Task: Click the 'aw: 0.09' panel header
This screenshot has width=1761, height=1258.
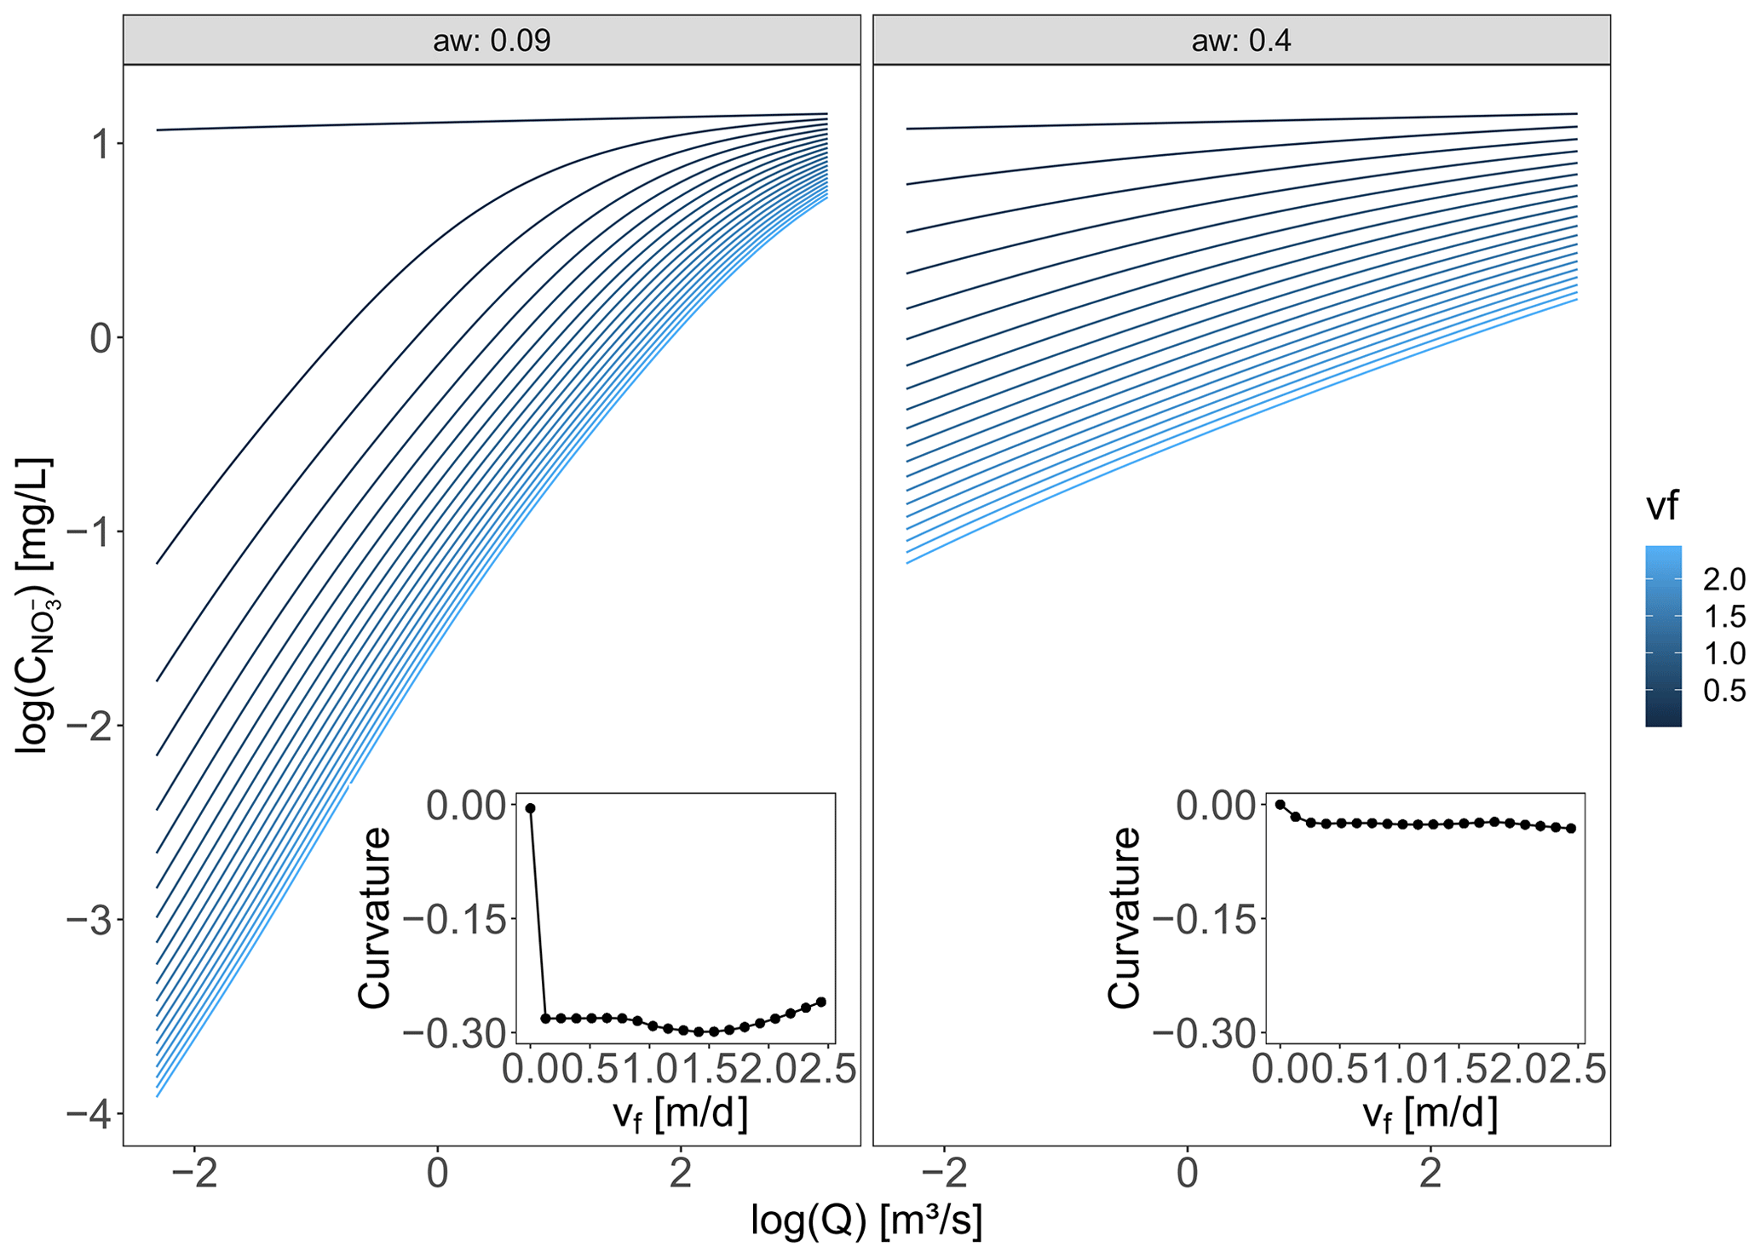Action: click(492, 40)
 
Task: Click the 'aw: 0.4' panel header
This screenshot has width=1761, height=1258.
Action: click(1240, 40)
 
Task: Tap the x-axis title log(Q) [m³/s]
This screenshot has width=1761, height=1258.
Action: click(866, 1221)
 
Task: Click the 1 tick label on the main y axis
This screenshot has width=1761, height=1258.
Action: click(101, 145)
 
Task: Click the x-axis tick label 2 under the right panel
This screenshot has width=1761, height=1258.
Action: click(1430, 1173)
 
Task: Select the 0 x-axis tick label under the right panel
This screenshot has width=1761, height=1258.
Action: click(1187, 1173)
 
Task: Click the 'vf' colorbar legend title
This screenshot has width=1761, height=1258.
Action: click(1661, 508)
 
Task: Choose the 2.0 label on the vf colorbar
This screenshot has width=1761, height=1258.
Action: click(1724, 580)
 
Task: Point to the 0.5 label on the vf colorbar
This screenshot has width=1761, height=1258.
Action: click(1724, 691)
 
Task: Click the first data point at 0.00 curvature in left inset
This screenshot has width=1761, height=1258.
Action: click(530, 808)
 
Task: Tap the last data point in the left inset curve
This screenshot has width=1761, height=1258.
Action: click(821, 1002)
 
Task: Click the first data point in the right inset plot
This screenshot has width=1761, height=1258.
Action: click(1280, 804)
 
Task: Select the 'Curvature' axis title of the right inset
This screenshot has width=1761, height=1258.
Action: click(1124, 918)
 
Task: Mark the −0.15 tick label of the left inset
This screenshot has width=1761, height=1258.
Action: click(455, 920)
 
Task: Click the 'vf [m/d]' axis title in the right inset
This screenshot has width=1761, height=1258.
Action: click(1430, 1114)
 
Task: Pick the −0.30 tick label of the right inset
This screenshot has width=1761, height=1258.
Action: click(1205, 1034)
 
